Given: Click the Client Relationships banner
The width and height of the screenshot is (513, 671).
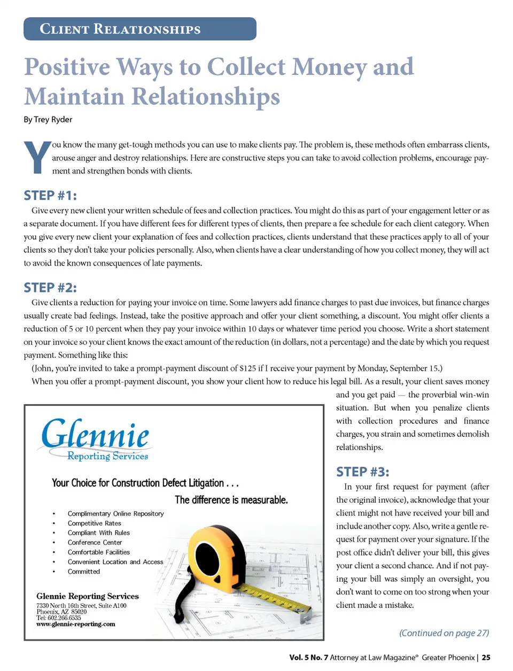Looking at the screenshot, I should (139, 29).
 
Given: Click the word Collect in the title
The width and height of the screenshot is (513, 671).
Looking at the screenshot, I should (246, 67).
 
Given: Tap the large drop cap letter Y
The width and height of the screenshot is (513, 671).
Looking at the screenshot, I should (37, 157).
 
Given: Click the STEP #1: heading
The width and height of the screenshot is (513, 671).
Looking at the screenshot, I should (50, 195).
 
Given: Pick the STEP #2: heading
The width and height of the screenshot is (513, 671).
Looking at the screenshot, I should (50, 288).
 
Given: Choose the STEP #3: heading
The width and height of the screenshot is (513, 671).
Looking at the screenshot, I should (362, 472).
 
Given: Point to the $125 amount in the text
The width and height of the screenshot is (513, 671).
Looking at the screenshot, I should (248, 368).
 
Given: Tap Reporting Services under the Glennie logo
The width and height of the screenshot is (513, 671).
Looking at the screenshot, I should (107, 456).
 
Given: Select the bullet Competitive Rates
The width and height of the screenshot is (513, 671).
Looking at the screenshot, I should (94, 523).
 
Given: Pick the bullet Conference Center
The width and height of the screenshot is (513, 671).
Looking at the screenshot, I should (95, 543).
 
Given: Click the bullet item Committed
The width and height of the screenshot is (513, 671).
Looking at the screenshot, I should (83, 572).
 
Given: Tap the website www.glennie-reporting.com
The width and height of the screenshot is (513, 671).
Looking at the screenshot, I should (75, 624).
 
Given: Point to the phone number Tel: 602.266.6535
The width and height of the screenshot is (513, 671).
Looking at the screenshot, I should (59, 618).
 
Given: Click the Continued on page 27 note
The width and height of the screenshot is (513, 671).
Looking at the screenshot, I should (444, 633).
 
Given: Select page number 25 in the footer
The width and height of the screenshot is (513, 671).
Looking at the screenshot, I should (486, 658).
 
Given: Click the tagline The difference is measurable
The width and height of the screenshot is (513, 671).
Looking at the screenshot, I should (231, 500).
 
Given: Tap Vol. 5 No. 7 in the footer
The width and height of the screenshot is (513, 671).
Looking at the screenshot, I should (308, 658).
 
